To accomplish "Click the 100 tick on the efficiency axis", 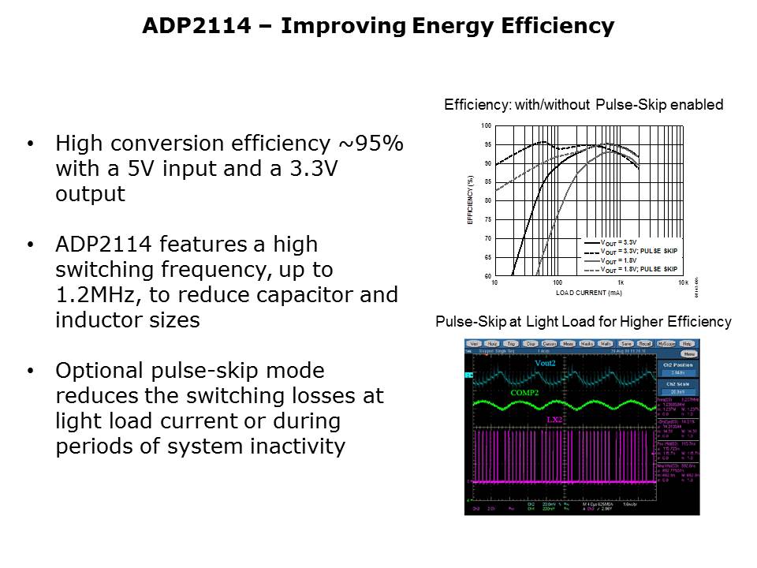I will tap(486, 126).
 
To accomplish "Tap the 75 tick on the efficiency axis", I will tap(487, 219).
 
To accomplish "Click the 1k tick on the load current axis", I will tap(621, 282).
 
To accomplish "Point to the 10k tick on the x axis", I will tap(684, 282).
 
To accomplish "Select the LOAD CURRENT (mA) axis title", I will tap(588, 293).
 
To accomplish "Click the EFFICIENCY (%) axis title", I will tap(470, 200).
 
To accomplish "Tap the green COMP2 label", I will tap(525, 392).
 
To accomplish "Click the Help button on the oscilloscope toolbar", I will tap(687, 344).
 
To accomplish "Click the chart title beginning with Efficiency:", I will tap(584, 105).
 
